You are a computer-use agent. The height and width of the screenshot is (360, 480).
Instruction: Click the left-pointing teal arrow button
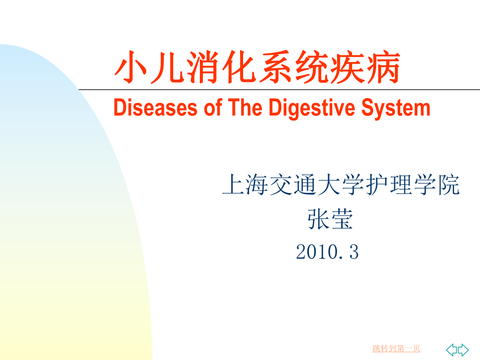451,350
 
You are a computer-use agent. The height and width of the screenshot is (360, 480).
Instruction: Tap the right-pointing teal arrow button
463,350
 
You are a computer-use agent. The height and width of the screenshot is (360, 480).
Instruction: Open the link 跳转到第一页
396,349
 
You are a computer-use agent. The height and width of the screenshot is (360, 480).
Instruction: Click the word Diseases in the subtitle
155,107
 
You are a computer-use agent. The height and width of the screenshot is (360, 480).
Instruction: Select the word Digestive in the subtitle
312,109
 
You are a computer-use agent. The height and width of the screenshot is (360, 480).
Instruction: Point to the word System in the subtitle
396,109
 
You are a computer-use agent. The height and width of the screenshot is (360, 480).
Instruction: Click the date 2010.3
327,252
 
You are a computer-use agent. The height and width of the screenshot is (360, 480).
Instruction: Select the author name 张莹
330,219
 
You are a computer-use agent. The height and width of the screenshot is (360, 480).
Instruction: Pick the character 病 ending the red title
383,67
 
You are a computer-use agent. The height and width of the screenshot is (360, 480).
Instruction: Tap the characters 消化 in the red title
221,67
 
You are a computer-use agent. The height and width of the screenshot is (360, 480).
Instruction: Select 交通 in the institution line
293,185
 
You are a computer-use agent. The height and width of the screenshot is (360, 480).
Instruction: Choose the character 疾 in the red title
347,67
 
